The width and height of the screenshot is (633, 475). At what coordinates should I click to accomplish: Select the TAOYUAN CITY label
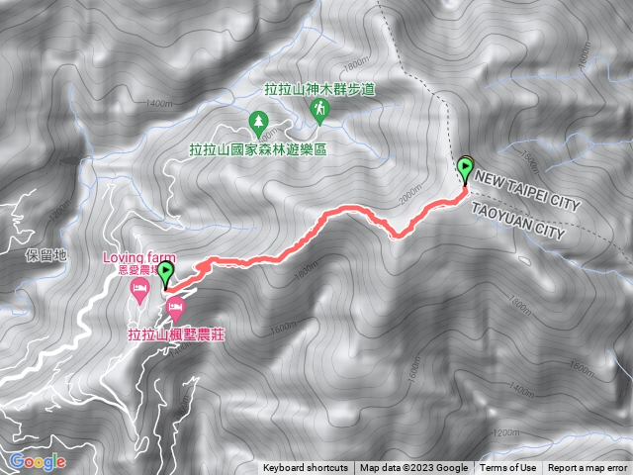518,224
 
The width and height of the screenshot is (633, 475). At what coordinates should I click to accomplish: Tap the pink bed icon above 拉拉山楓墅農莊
175,307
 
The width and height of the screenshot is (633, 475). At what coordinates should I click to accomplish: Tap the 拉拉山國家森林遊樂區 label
258,149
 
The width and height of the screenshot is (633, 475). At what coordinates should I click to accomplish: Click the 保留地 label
45,254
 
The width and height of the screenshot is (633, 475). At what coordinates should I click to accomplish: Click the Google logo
38,461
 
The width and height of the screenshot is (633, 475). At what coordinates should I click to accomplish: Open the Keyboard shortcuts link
306,468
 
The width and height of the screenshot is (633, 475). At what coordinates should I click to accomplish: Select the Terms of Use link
508,468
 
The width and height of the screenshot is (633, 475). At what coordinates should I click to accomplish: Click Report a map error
588,468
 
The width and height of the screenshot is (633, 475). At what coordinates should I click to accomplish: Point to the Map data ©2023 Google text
413,468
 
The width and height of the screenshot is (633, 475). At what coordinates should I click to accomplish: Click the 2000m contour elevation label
407,198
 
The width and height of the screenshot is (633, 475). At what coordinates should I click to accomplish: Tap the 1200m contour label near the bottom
505,432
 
